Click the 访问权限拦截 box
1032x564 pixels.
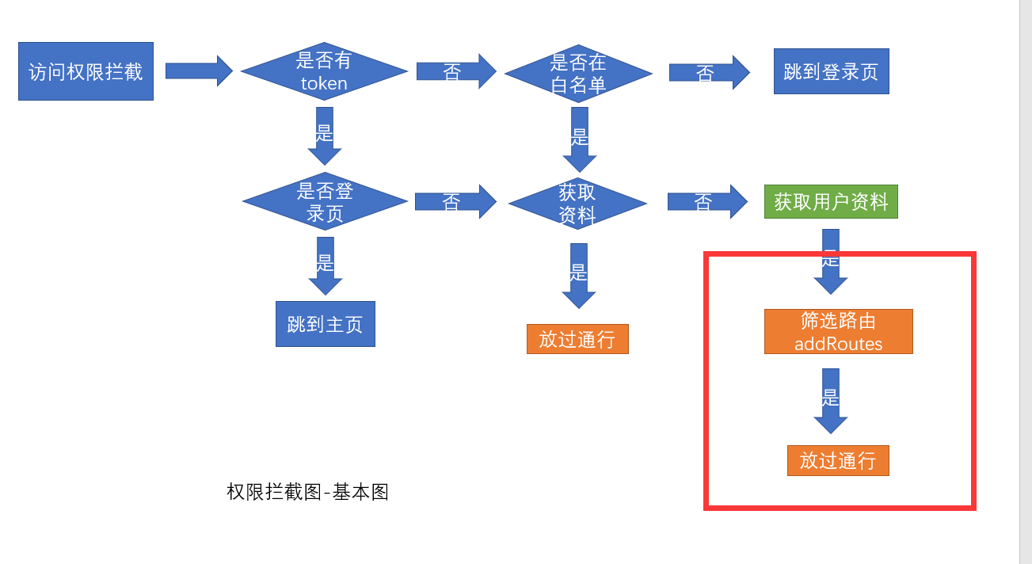point(86,71)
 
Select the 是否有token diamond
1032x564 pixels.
point(324,72)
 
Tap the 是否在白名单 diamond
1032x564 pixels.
point(578,74)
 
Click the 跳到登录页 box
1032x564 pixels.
point(831,71)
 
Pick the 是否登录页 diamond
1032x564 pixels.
point(325,202)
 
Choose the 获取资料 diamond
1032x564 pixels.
point(577,204)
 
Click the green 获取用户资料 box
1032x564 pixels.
point(831,202)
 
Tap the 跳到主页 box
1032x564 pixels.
point(325,324)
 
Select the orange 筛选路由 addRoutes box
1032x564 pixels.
point(838,331)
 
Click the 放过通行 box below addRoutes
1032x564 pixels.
point(838,460)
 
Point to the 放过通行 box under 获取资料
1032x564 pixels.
point(577,339)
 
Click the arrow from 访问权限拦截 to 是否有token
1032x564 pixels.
point(199,70)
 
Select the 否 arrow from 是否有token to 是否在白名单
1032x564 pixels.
point(456,72)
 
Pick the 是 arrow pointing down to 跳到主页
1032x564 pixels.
point(325,265)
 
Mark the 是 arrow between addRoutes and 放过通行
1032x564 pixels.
point(831,401)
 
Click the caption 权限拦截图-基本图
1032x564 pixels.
point(307,492)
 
